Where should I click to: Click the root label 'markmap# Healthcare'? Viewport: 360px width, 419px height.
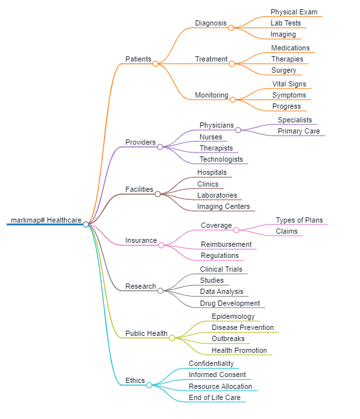point(46,220)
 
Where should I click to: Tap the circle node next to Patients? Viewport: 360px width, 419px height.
point(155,64)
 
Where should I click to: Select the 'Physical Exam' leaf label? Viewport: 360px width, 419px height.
point(294,12)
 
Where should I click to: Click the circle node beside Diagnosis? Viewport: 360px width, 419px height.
point(231,27)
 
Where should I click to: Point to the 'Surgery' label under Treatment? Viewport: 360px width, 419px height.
point(283,70)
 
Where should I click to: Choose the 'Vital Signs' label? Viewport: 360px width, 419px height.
point(289,84)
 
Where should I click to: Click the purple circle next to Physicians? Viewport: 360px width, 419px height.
point(238,130)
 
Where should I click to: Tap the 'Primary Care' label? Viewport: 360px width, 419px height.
point(298,131)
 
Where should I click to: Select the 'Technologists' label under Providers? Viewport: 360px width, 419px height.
point(221,159)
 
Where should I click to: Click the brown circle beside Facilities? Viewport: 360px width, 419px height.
point(158,194)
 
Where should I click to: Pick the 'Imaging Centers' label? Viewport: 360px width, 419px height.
point(223,206)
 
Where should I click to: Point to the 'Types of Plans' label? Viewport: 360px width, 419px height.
point(299,220)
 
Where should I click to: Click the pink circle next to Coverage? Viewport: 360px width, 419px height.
point(236,230)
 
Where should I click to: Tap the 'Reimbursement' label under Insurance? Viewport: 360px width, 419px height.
point(226,244)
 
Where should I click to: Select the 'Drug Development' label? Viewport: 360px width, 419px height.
point(230,303)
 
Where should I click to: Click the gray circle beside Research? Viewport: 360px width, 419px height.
point(160,291)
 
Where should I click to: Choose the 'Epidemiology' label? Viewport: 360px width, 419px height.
point(233,316)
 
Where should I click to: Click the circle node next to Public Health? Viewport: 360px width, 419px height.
point(172,338)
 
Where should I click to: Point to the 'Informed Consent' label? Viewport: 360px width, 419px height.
point(217,374)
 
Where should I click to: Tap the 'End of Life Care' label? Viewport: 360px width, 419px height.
point(215,397)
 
